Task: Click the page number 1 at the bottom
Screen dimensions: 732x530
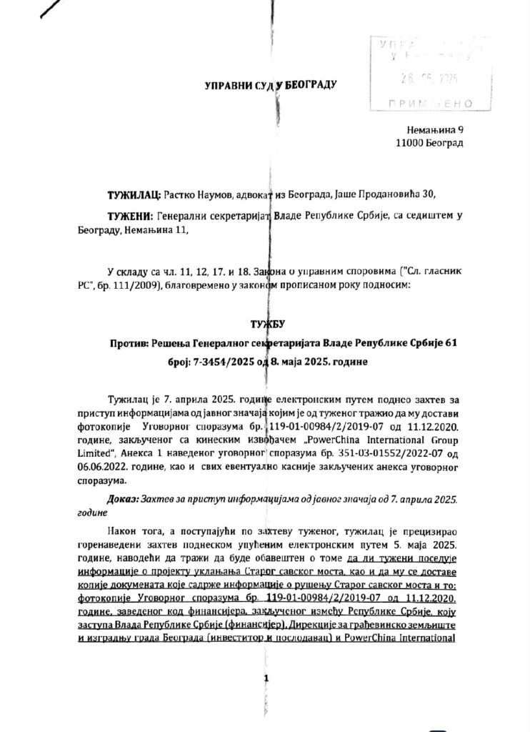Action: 265,677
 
